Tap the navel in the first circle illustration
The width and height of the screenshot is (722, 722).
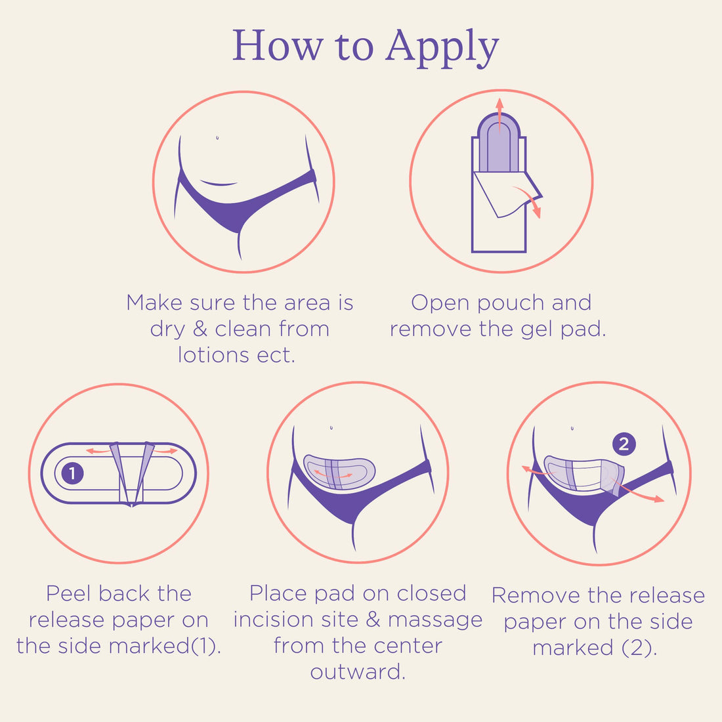[217, 138]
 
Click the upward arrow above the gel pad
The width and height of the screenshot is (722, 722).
[499, 112]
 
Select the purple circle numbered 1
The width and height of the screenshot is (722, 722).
[72, 473]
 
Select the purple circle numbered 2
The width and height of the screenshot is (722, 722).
[624, 444]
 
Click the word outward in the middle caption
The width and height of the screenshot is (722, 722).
[358, 672]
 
